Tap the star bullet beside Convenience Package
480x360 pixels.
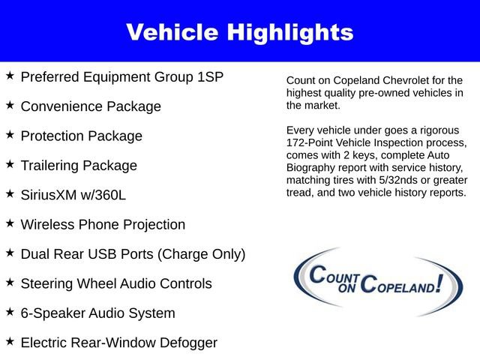10,105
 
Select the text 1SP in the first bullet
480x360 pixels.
208,77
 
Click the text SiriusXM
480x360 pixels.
51,195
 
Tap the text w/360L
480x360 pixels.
106,195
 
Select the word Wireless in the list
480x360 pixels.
48,224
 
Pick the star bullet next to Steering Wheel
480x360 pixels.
10,282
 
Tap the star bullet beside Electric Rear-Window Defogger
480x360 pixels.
10,341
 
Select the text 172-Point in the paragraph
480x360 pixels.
310,142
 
